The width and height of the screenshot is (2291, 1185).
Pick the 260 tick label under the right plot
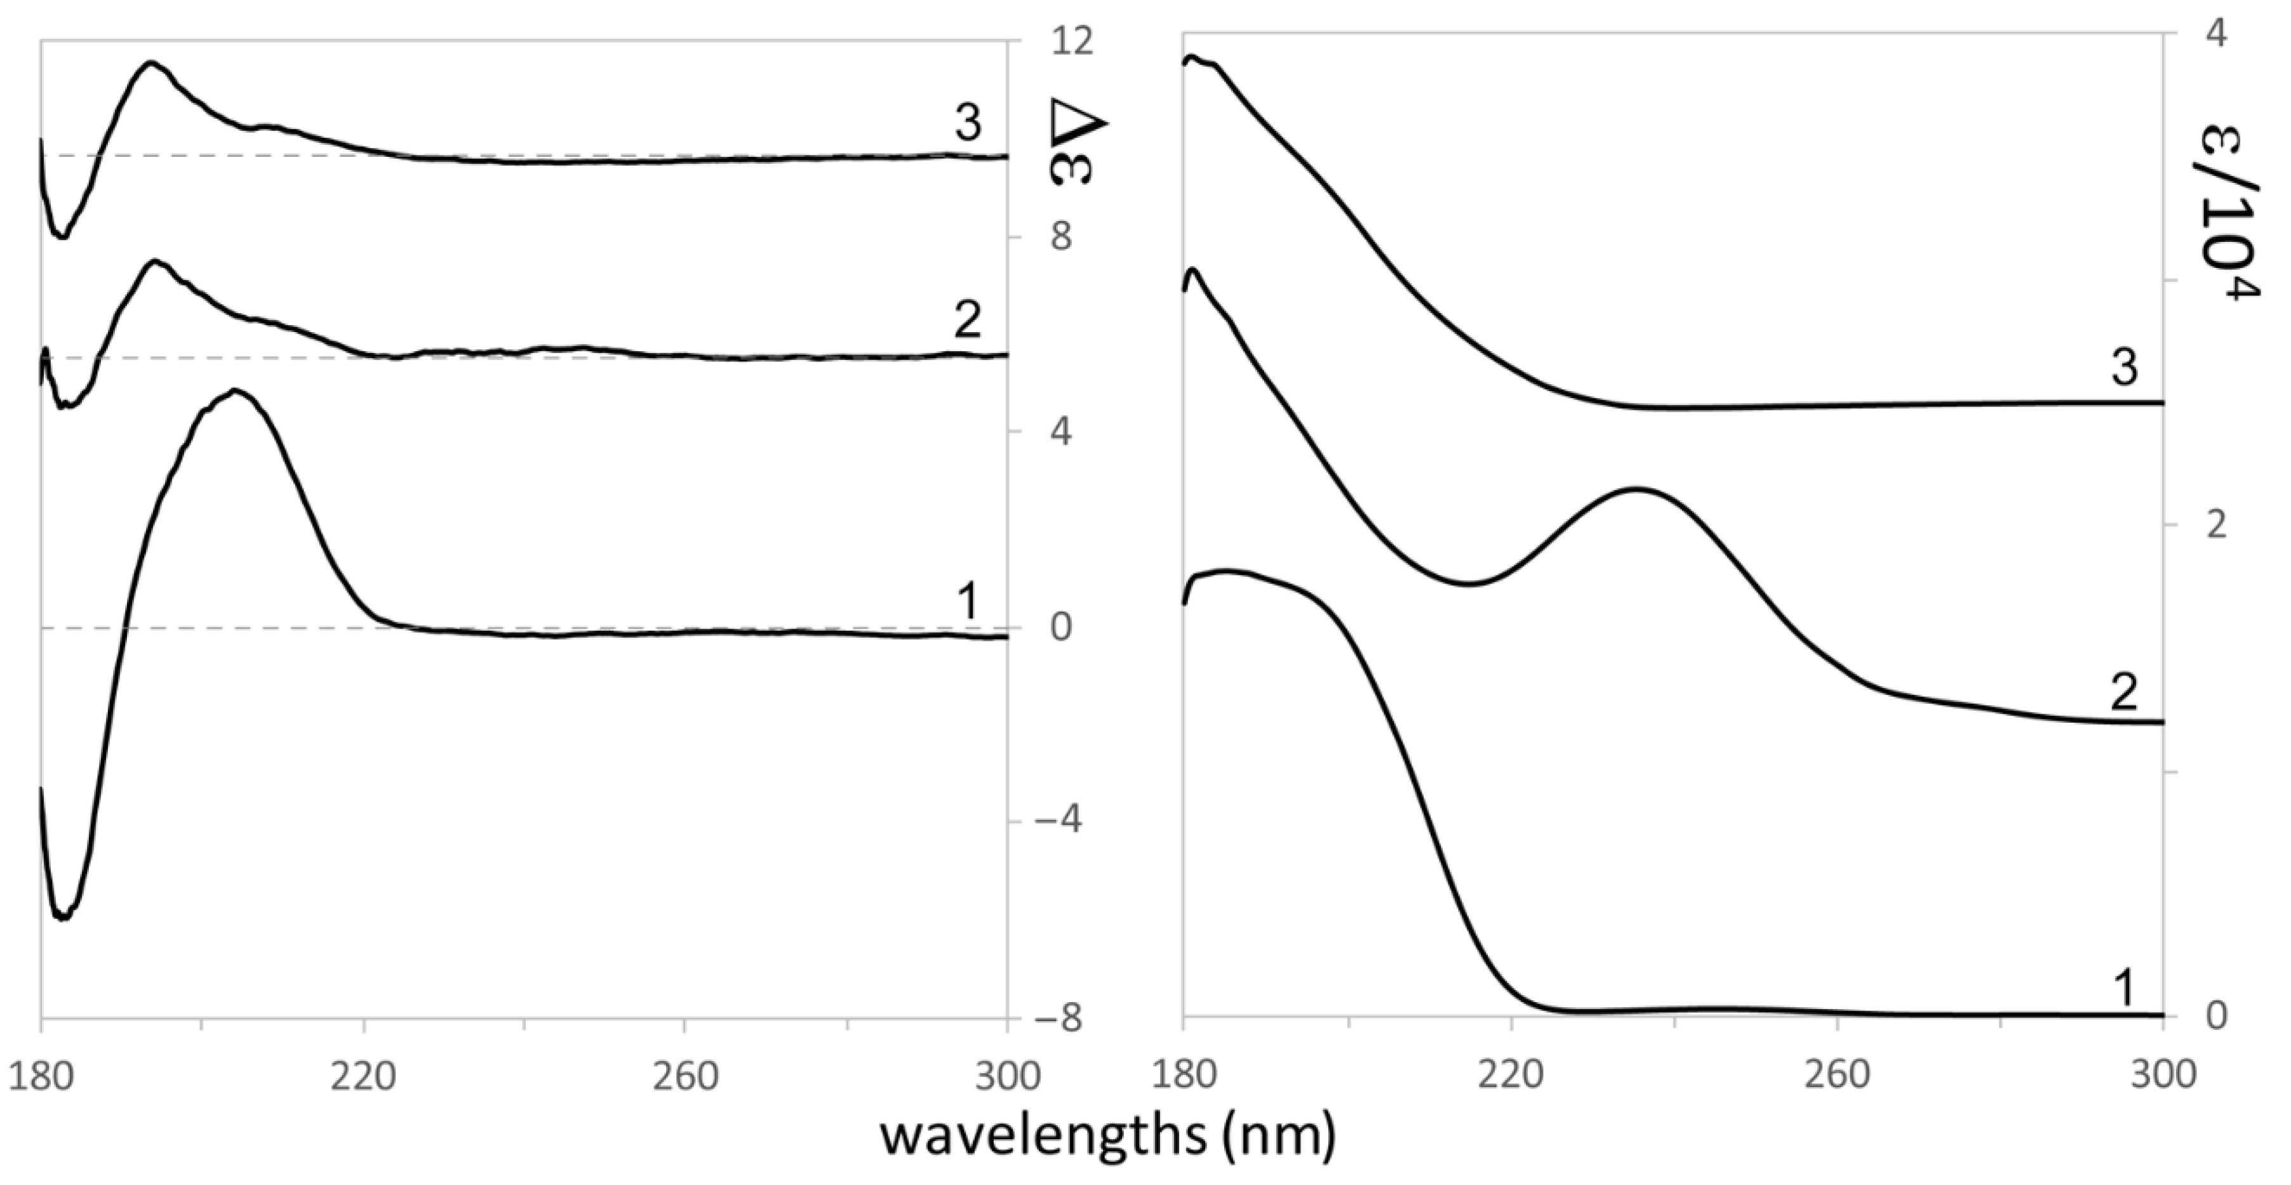(1838, 1076)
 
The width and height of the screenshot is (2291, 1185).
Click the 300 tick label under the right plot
(2163, 1076)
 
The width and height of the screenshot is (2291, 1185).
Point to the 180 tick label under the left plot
(41, 1076)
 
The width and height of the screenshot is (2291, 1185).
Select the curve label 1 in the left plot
(968, 601)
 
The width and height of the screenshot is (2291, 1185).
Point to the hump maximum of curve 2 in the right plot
(1636, 488)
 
